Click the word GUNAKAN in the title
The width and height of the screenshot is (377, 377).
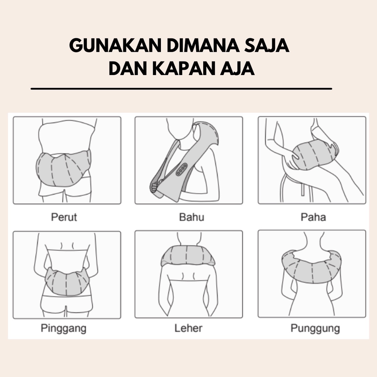click(x=115, y=45)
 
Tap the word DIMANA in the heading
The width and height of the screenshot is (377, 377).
click(x=203, y=45)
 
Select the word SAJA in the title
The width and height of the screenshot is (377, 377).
click(x=267, y=45)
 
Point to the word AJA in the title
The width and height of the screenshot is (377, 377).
click(x=237, y=69)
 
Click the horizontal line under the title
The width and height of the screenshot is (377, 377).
click(x=181, y=89)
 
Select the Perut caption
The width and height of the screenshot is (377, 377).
click(x=64, y=217)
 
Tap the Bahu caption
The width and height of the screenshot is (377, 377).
click(x=191, y=217)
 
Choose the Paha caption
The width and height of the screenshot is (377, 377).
click(x=313, y=217)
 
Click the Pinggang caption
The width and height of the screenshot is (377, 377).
click(x=63, y=328)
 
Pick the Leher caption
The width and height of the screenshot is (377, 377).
click(x=188, y=328)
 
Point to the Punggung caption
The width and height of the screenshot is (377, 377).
click(x=315, y=328)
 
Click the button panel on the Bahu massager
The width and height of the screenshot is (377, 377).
click(x=182, y=169)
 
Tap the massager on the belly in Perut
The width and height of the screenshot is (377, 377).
click(x=63, y=168)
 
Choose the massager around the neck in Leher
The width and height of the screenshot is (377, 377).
click(x=188, y=256)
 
